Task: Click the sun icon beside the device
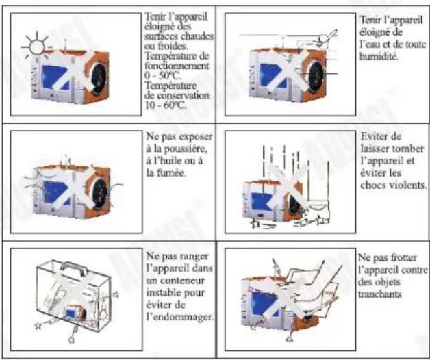(34, 47)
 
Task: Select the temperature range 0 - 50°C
(164, 76)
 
